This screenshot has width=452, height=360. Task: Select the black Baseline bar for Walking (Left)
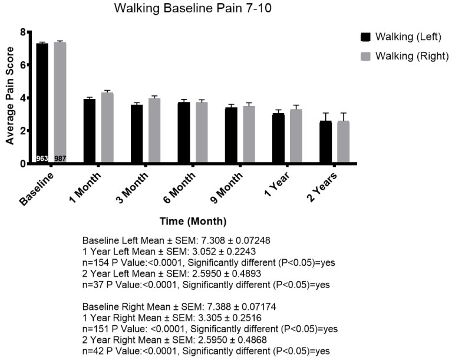(42, 100)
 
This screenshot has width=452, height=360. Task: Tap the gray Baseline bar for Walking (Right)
(60, 100)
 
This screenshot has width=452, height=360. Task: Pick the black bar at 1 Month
(89, 131)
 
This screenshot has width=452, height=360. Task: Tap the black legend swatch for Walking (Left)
(366, 37)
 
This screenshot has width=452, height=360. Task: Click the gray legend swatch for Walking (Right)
(366, 56)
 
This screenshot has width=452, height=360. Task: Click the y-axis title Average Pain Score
(9, 98)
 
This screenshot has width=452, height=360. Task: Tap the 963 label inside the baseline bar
(42, 158)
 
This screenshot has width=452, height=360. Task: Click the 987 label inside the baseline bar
(60, 158)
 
